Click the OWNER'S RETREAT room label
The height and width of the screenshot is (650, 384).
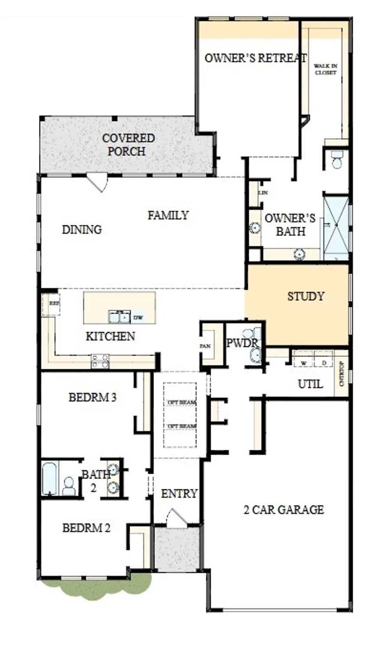[x=255, y=58]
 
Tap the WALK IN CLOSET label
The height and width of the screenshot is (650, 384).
[x=325, y=69]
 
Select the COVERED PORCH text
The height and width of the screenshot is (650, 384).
[x=128, y=145]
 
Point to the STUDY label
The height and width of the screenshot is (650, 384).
[x=306, y=296]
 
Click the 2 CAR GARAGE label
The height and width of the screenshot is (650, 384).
[x=283, y=509]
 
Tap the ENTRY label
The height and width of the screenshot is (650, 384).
[x=179, y=494]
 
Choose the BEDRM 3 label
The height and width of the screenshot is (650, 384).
[x=92, y=397]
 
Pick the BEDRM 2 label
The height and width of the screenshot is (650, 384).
[x=86, y=528]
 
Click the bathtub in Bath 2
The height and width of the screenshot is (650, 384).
[x=49, y=479]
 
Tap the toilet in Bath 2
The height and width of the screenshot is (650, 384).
[x=69, y=486]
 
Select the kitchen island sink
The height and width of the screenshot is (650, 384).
[x=119, y=317]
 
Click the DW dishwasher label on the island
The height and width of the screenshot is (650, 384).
[x=138, y=318]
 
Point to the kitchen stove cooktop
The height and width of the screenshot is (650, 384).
[x=100, y=361]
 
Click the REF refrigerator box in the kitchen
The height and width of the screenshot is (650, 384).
[x=53, y=303]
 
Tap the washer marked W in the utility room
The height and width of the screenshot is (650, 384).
[x=304, y=363]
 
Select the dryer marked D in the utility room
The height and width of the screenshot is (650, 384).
[x=323, y=363]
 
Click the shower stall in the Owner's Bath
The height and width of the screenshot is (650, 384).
[x=336, y=227]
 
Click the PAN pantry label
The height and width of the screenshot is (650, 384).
[x=205, y=346]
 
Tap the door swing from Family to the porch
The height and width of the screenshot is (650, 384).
[x=98, y=182]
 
